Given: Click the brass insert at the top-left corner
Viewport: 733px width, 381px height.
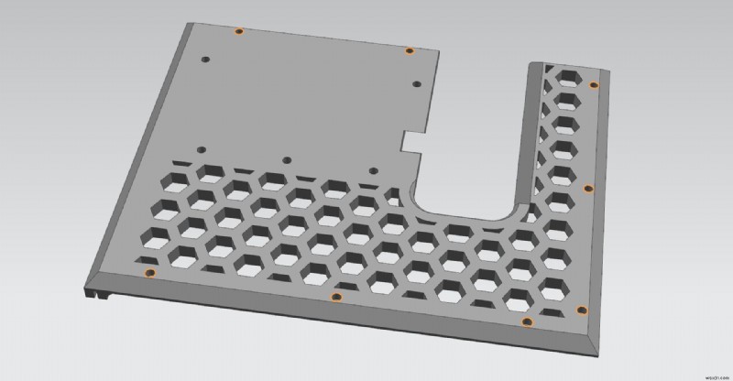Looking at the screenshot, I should (x=238, y=31).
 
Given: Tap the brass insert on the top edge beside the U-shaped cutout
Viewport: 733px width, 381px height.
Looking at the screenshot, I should (x=410, y=50).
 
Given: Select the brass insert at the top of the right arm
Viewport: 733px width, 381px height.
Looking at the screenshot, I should (x=594, y=85).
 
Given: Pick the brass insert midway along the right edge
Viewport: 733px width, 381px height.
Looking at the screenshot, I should (x=588, y=189).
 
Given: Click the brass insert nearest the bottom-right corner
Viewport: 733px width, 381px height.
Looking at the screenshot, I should (x=577, y=310).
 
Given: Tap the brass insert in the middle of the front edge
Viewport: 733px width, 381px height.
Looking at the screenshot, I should (x=336, y=297).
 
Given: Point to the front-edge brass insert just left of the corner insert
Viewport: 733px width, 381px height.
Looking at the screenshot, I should (x=527, y=321).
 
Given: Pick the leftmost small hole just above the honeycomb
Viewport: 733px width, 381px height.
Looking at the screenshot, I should (x=199, y=147).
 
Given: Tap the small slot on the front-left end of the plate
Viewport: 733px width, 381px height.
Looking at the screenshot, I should (x=97, y=295).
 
